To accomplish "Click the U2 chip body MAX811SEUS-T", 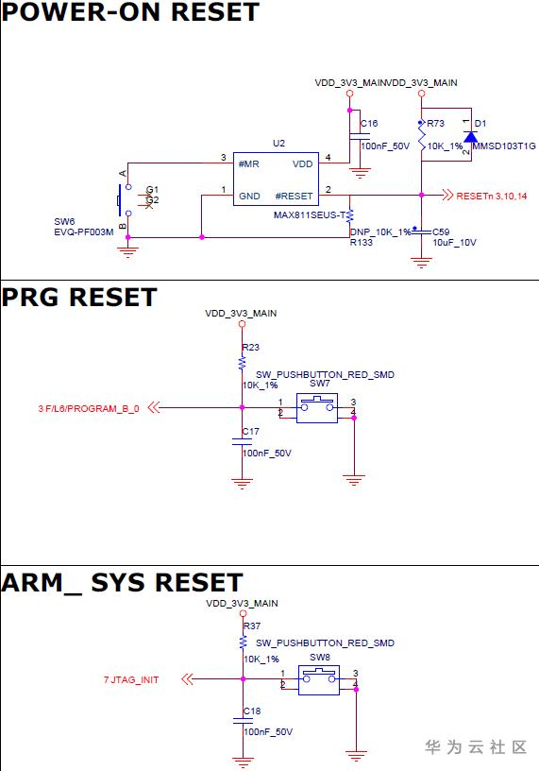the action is (x=276, y=179).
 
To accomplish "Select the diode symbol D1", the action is (x=471, y=136).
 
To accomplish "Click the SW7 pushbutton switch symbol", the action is (x=317, y=408).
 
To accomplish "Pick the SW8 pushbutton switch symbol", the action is (x=319, y=680).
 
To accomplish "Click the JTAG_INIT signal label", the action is (x=131, y=680).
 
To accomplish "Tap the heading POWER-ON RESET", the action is (x=130, y=11).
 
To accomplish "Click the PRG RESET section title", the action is (x=79, y=298).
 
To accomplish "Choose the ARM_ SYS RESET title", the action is (x=122, y=583).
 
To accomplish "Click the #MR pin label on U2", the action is (x=248, y=164).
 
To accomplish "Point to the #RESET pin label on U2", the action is (x=294, y=197).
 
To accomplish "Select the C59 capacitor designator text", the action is (x=441, y=231).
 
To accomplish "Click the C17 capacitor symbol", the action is (x=242, y=441).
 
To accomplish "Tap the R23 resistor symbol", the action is (x=242, y=364).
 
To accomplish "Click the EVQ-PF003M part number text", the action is (x=83, y=231).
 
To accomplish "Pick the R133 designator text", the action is (x=362, y=242).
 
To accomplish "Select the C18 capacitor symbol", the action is (x=243, y=721).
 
